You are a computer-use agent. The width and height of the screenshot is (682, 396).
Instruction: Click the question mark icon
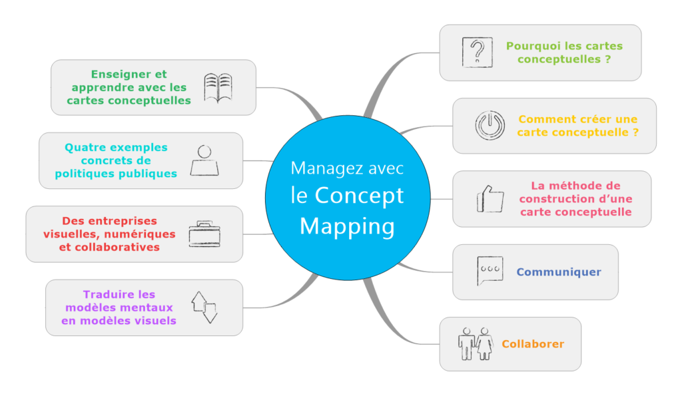tap(477, 52)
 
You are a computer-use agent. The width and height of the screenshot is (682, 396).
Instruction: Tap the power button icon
tap(490, 125)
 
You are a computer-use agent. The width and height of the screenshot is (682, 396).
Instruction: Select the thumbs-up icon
tap(490, 198)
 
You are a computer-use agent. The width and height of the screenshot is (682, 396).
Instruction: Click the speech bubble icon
tap(490, 272)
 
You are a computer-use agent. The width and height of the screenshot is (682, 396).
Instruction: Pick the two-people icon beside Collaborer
tap(475, 343)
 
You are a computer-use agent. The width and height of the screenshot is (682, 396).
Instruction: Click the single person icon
tap(204, 160)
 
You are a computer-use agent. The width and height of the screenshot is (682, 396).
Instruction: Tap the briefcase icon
tap(204, 234)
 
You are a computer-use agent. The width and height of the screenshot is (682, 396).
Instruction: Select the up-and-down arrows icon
tap(204, 307)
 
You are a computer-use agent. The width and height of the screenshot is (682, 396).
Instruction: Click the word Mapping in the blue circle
tap(346, 226)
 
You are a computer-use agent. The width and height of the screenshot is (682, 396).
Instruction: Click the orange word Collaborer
tap(533, 344)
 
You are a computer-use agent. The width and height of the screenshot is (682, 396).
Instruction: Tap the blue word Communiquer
tap(559, 272)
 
